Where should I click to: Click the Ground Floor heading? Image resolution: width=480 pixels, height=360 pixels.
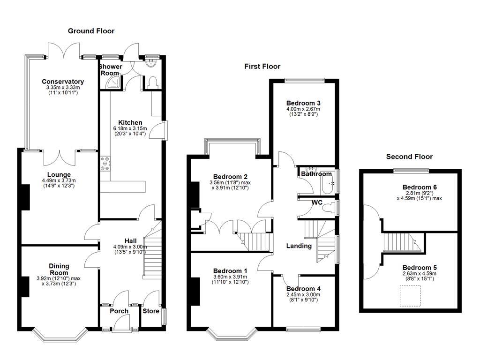coord(91,31)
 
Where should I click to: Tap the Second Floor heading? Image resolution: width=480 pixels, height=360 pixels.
coord(409,157)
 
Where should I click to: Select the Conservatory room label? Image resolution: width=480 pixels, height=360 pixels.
coord(62,82)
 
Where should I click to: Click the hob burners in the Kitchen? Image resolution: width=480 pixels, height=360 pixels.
coord(104,164)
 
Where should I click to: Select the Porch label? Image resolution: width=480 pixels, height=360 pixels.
coord(119,311)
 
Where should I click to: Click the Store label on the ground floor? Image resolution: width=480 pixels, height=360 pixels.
coord(151,311)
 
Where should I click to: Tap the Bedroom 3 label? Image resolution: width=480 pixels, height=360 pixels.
coord(303,103)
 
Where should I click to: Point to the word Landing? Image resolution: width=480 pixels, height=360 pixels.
coord(299,246)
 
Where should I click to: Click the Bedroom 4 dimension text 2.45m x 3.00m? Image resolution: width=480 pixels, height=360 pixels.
coord(303,295)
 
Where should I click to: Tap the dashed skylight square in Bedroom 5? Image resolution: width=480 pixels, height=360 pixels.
coord(410,296)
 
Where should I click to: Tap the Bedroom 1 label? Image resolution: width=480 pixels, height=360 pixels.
coord(230,271)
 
